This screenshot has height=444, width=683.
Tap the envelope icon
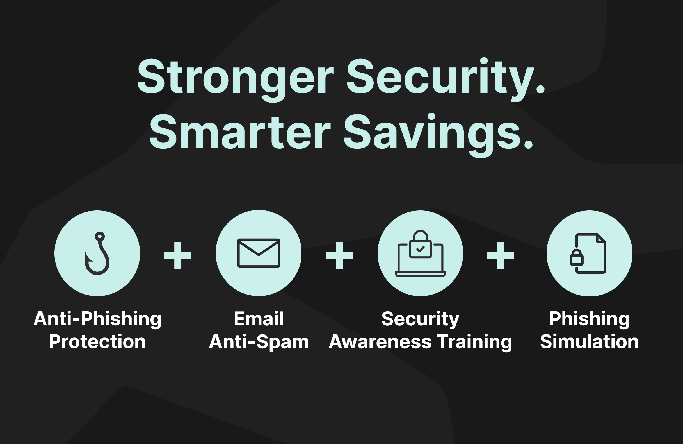(x=259, y=253)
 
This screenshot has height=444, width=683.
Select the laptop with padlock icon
(x=421, y=253)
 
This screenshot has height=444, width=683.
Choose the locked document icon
(x=588, y=253)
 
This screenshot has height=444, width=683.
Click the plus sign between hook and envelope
(x=178, y=256)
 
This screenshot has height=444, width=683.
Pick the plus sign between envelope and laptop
(x=339, y=256)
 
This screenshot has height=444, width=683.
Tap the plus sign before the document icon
(x=501, y=256)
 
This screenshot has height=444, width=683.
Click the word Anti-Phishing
(x=97, y=319)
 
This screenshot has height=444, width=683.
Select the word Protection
(x=97, y=342)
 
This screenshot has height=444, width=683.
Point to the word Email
(x=259, y=319)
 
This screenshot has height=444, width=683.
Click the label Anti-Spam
(x=259, y=342)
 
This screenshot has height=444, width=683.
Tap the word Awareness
(x=380, y=342)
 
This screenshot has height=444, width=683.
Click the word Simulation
(x=590, y=342)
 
